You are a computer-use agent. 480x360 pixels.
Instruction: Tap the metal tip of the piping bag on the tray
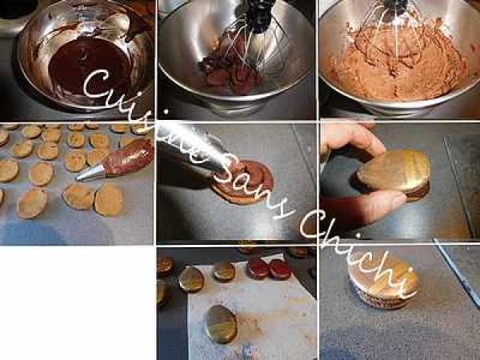[90, 173]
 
